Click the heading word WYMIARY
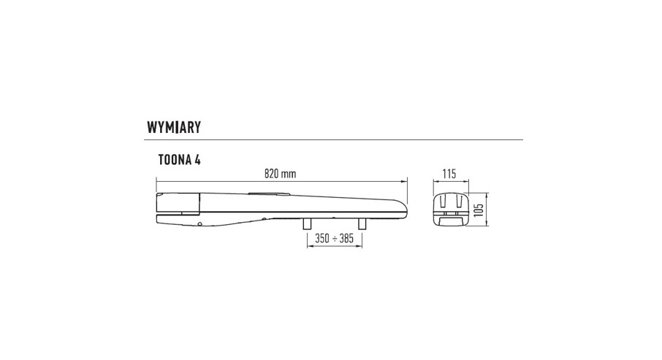(173, 127)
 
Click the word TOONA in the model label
(174, 160)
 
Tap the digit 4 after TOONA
(197, 160)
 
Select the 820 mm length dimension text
(280, 174)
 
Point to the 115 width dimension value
(449, 174)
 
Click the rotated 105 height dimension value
(478, 210)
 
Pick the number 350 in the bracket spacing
(322, 239)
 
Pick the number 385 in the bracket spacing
(346, 239)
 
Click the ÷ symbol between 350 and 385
(334, 239)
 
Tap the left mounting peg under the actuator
(307, 224)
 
